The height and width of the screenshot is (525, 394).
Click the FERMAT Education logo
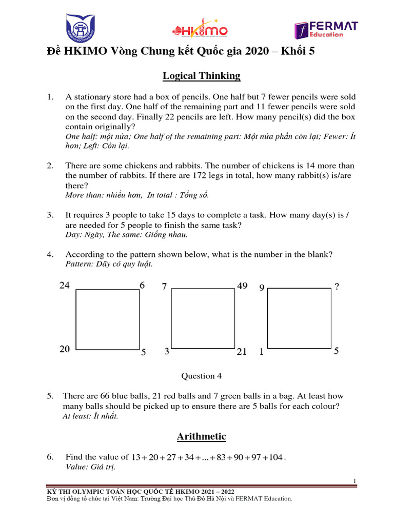pos(326,30)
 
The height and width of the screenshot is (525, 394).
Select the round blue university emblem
pos(81,29)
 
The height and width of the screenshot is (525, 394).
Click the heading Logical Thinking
pos(201,76)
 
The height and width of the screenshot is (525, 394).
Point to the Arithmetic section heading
pos(201,436)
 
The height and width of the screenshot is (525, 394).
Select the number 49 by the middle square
pos(242,286)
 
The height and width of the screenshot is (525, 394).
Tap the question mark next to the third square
pos(337,288)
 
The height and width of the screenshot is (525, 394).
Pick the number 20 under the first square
pos(64,349)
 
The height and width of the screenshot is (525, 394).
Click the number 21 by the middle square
pos(242,352)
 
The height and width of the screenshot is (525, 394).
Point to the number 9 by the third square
pos(262,288)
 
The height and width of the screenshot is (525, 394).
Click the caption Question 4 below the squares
pos(201,376)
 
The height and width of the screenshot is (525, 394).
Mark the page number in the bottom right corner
pos(354,480)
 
